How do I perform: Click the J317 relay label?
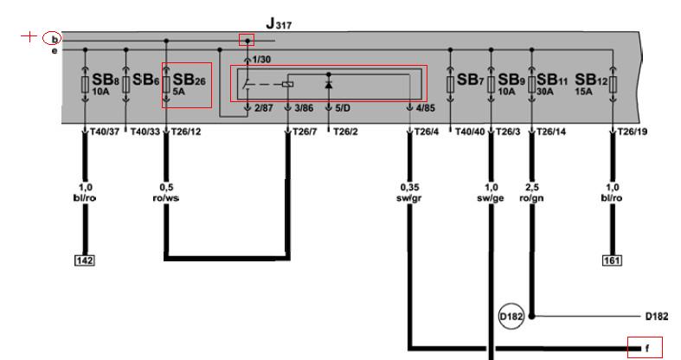coord(279,24)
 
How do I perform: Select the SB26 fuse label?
coord(189,80)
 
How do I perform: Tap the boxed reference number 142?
coord(85,260)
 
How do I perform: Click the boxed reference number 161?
coord(612,260)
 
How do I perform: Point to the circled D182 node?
coord(511,316)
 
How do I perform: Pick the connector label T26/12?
coord(186,132)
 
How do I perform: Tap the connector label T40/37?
coord(104,132)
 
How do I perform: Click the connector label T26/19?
coord(633,132)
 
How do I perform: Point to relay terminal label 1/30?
coord(261,60)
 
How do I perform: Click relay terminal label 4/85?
coord(425,107)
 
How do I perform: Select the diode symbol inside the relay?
coord(329,84)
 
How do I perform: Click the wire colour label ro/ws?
coord(166,198)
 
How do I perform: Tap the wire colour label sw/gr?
coord(409,198)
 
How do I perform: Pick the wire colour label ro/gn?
coord(531,198)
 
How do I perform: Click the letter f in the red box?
coord(647,348)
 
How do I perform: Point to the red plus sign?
coord(29,36)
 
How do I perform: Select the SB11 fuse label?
coord(552,80)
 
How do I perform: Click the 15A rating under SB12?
coord(583,92)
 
